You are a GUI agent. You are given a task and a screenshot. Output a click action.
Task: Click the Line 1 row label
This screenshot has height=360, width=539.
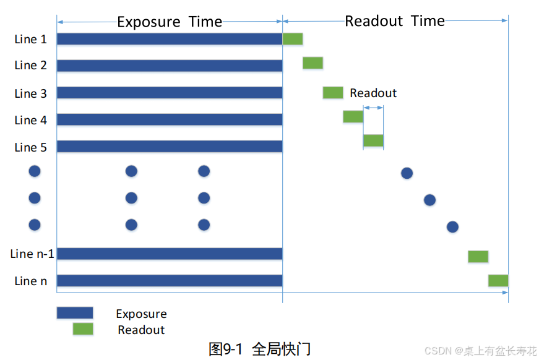coord(30,39)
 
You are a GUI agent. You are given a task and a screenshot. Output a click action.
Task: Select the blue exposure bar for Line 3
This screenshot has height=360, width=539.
coord(170,93)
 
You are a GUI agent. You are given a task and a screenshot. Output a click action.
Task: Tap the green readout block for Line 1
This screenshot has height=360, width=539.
coord(293,39)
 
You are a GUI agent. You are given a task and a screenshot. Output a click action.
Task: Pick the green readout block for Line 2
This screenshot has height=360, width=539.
coord(313,62)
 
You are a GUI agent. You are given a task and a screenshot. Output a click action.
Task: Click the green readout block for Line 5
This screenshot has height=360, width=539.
coord(373,140)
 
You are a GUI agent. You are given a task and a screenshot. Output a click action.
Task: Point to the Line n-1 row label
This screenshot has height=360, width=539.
coord(32,254)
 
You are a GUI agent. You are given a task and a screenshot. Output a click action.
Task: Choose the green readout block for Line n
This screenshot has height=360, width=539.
coord(498,280)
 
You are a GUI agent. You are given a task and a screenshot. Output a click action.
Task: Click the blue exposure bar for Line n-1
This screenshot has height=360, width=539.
coord(170,254)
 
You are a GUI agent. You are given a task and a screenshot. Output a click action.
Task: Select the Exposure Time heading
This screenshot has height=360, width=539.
coord(170,22)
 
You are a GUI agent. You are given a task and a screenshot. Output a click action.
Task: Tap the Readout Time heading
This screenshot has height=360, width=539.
coord(395,21)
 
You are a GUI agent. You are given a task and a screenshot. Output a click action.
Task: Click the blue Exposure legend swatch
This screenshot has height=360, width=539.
coord(75,313)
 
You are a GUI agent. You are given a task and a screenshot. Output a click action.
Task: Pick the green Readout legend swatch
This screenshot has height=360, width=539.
coord(83,329)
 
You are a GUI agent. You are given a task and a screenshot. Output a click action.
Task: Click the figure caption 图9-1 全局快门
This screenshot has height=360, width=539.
coord(259,349)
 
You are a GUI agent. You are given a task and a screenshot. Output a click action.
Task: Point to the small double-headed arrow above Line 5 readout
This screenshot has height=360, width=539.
coord(373,108)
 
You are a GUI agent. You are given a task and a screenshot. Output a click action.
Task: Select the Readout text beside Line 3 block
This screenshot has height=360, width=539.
coord(373,93)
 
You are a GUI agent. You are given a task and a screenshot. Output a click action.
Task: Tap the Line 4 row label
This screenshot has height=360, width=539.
coord(30,120)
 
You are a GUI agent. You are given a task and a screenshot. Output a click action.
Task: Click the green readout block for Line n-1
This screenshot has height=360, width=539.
coord(478,257)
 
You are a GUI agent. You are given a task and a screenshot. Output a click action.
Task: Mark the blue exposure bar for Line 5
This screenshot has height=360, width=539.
coord(170,147)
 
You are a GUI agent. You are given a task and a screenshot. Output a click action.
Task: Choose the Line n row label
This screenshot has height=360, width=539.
coord(30,281)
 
